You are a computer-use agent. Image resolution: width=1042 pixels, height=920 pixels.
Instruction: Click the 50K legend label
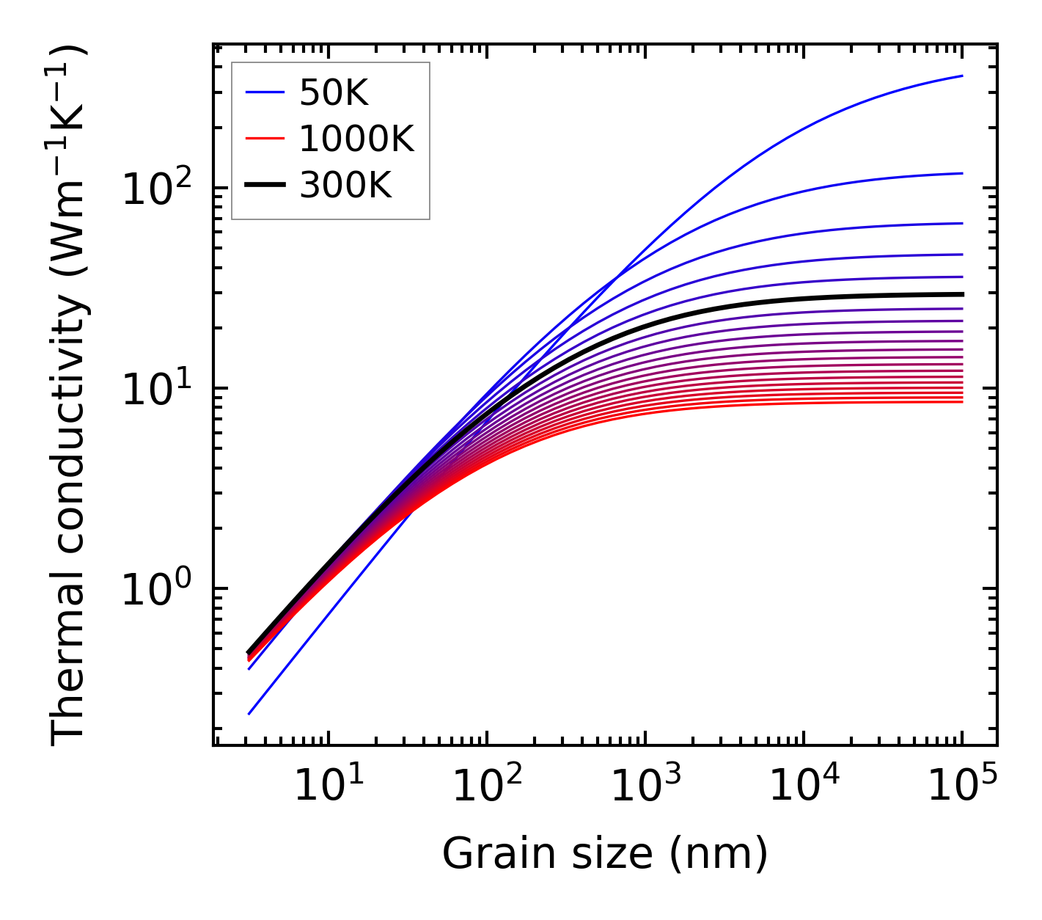click(334, 92)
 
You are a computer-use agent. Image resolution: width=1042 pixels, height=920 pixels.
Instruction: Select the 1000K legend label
click(356, 139)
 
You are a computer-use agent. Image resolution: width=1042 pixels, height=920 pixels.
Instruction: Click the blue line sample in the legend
click(264, 92)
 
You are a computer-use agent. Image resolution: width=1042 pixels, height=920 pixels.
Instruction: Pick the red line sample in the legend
click(264, 139)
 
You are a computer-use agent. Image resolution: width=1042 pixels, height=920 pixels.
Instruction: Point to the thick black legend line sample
click(264, 186)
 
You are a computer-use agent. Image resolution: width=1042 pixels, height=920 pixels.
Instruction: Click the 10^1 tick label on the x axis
click(329, 788)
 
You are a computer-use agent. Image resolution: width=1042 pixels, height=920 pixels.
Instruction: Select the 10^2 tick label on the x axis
click(487, 788)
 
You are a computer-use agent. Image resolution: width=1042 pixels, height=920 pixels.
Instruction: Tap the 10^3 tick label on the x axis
click(645, 788)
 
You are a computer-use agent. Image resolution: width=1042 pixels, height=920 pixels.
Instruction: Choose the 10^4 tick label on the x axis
click(804, 788)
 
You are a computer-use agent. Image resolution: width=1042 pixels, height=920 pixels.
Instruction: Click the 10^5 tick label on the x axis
click(962, 788)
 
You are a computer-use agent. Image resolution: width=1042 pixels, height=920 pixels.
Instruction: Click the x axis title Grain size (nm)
click(605, 854)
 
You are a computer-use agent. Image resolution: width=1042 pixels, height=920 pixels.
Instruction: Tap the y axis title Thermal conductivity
click(69, 396)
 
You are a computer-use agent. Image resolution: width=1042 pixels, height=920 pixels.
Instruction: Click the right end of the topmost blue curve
click(962, 76)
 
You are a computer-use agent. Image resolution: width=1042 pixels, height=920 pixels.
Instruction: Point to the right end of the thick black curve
click(962, 294)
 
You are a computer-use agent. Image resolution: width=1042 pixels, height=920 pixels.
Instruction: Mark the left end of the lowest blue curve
click(249, 714)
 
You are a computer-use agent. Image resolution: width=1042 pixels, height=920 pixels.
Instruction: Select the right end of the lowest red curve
click(962, 401)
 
